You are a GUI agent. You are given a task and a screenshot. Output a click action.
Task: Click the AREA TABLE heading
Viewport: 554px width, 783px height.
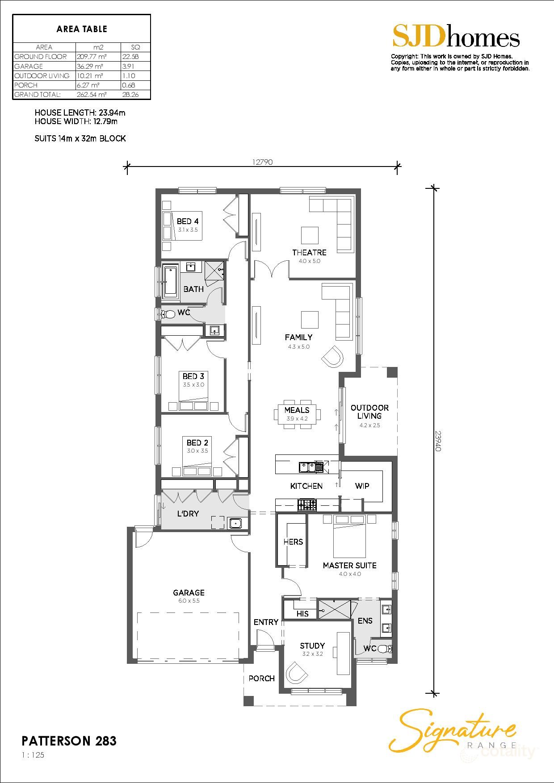coord(82,29)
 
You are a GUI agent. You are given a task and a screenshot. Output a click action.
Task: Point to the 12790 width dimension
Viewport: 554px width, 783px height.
coord(262,162)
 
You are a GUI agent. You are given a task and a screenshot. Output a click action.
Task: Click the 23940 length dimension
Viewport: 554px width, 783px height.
coord(438,440)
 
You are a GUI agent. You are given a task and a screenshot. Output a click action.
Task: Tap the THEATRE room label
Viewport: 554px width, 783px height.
coord(309,253)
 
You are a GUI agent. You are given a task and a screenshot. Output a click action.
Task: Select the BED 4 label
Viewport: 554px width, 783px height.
coord(188,221)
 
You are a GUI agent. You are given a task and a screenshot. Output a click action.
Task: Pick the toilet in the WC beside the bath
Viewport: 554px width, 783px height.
coord(168,314)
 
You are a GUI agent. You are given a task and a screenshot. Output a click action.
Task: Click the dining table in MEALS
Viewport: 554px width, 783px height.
coord(297,414)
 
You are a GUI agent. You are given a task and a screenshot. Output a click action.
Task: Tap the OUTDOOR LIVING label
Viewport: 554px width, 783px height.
coord(369,412)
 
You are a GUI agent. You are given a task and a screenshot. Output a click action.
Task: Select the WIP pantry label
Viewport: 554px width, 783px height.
coord(362,486)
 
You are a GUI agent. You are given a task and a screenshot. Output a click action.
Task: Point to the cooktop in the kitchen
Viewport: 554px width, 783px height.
coord(307,505)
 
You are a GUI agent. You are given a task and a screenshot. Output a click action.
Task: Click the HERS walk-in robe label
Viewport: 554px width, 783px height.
coord(293,541)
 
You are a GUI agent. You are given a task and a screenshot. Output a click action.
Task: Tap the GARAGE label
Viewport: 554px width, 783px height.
coord(189,592)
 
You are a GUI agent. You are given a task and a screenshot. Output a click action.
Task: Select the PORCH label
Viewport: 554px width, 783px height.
coord(261,678)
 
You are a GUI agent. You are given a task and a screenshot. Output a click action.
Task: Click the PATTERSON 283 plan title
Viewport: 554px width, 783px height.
coord(69,741)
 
